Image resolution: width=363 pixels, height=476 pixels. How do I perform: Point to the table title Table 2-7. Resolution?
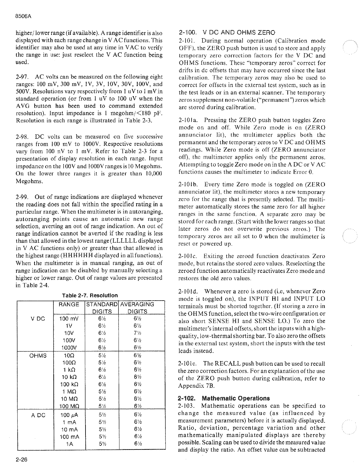[90, 295]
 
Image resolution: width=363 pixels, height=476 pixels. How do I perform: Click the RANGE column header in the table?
[69, 304]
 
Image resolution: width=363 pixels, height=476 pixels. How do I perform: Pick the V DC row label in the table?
[38, 319]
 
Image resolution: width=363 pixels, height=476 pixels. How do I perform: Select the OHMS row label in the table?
[38, 355]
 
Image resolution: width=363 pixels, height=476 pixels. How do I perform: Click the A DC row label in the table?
[38, 415]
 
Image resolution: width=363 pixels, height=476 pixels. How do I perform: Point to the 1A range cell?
[69, 444]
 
